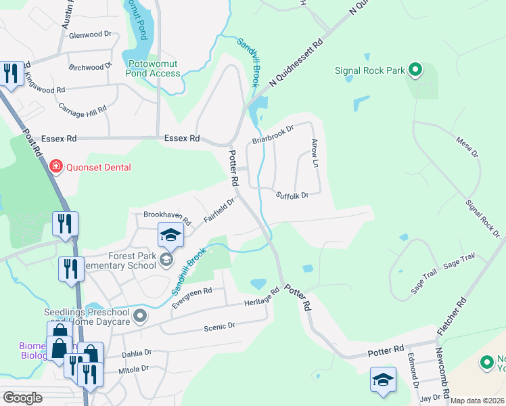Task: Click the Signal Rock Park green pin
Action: tap(415, 70)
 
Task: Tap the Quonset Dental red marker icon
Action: tap(55, 167)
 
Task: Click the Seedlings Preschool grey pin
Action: tap(140, 316)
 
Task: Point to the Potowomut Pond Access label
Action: tap(154, 68)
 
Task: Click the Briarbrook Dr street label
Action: tap(273, 134)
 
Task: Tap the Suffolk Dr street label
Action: tap(292, 195)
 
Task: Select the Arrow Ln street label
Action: tap(315, 153)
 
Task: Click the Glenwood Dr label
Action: tap(90, 34)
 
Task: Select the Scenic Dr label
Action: tap(219, 326)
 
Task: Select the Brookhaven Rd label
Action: tap(168, 217)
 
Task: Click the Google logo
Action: tap(23, 398)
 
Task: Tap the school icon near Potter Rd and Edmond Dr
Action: tap(383, 380)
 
